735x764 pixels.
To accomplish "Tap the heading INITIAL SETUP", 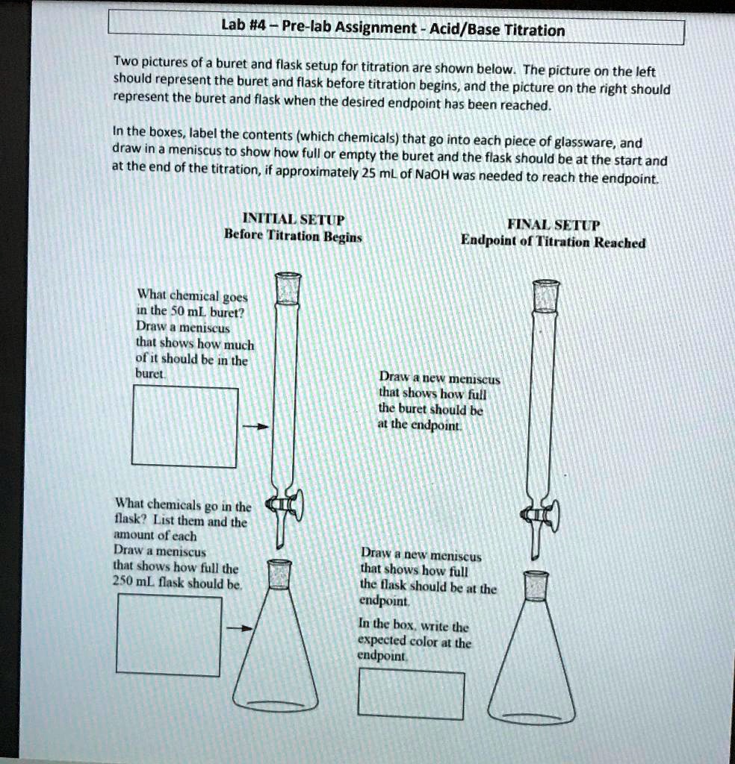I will coord(294,220).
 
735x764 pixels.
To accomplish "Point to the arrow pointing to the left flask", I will coord(240,628).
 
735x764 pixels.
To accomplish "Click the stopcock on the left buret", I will coord(288,507).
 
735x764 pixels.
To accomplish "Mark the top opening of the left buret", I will coord(288,277).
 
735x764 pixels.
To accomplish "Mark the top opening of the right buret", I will coord(547,284).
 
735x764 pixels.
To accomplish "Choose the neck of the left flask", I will coord(279,574).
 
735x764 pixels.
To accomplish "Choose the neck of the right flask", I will coord(536,586).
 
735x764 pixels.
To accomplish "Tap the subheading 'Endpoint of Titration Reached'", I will coord(553,242).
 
